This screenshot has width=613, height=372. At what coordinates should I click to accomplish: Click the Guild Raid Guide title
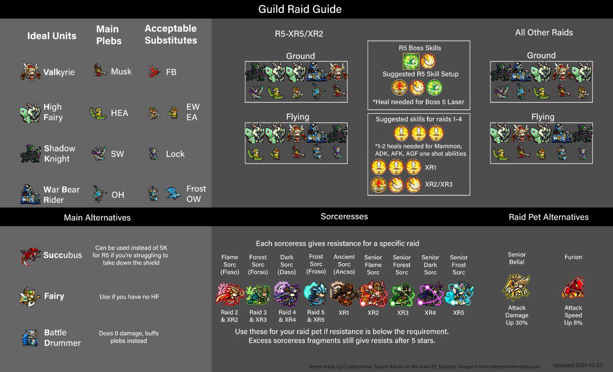click(x=300, y=9)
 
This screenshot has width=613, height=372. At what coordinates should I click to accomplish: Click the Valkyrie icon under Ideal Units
click(x=31, y=72)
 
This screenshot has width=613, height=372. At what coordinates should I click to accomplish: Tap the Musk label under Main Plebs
click(x=121, y=71)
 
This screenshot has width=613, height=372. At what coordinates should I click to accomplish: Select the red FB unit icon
click(x=154, y=72)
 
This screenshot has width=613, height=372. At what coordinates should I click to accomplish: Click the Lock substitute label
click(x=175, y=154)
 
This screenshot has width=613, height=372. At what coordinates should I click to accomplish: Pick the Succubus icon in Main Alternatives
click(x=30, y=256)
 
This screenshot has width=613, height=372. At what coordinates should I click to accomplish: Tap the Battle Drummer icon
click(x=30, y=337)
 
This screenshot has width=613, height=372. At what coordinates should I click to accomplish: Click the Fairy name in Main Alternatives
click(x=54, y=296)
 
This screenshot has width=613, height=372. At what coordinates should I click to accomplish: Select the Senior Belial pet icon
click(x=516, y=288)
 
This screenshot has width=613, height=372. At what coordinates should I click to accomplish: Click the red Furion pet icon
click(x=573, y=288)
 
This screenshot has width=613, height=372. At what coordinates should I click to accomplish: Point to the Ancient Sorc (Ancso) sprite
click(x=344, y=293)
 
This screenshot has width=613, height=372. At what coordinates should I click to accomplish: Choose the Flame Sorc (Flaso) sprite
click(x=230, y=293)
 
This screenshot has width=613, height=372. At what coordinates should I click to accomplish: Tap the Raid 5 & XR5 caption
click(x=316, y=316)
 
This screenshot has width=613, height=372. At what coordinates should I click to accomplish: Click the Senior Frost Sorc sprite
click(x=459, y=293)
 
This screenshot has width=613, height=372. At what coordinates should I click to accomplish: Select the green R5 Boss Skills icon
click(x=411, y=61)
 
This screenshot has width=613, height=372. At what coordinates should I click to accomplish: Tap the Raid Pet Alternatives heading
click(x=548, y=217)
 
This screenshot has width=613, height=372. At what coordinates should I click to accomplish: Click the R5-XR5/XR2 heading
click(x=296, y=34)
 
